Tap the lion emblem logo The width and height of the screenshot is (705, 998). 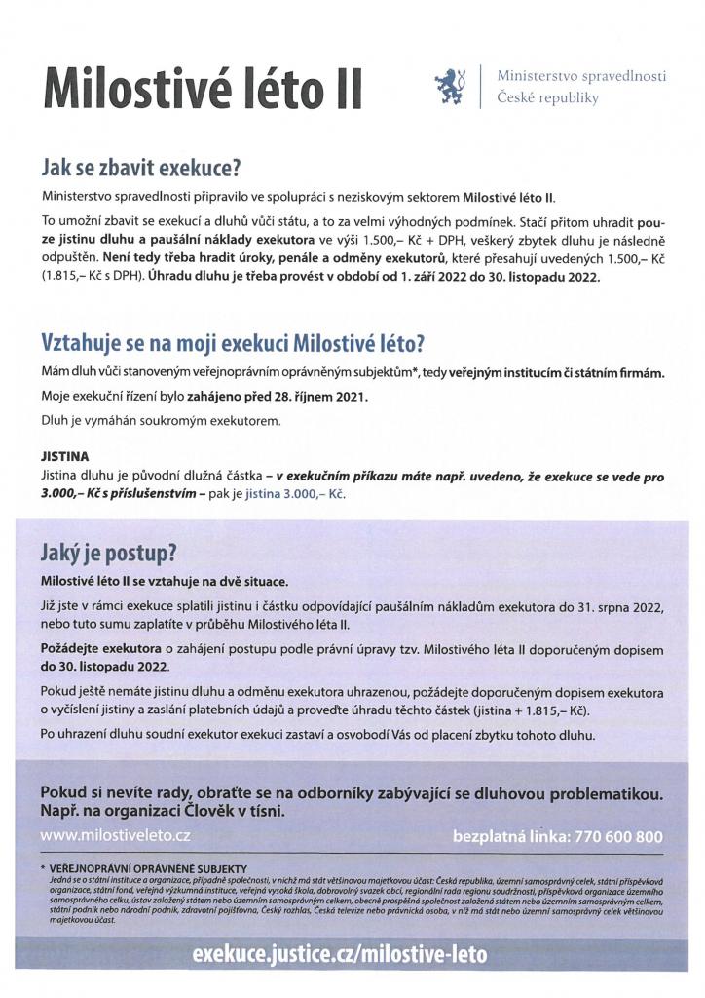451,86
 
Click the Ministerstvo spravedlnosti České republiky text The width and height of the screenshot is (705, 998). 580,87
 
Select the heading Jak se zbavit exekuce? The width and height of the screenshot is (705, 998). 139,167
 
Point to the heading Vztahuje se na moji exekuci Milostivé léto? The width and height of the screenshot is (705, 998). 233,344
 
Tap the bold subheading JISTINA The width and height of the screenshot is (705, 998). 64,455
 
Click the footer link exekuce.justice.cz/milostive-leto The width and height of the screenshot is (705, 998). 340,954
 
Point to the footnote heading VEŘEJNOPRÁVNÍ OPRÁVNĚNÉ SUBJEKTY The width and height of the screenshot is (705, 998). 147,868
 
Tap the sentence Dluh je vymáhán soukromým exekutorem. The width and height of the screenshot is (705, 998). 160,421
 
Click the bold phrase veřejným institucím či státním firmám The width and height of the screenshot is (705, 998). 556,373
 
